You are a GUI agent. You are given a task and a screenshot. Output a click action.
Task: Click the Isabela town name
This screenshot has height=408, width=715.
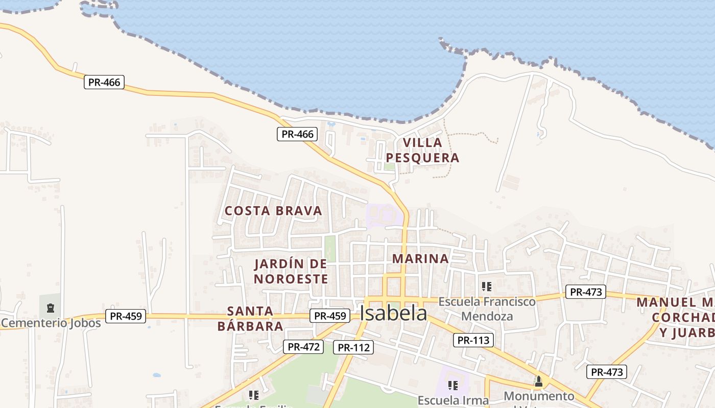click(393, 313)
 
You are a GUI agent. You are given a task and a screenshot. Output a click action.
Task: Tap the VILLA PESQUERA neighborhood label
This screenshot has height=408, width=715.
click(422, 150)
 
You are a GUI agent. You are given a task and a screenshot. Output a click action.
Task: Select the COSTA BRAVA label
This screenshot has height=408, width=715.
click(273, 211)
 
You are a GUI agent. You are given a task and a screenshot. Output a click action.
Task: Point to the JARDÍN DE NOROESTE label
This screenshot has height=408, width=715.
click(291, 271)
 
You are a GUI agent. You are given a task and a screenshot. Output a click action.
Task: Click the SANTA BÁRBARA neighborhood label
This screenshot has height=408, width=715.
click(250, 318)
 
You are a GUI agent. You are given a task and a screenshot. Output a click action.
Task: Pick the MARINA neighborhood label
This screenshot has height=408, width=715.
click(420, 259)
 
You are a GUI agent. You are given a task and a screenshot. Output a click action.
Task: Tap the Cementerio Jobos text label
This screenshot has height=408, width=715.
click(51, 323)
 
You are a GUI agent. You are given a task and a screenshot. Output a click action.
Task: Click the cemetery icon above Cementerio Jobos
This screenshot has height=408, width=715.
click(50, 308)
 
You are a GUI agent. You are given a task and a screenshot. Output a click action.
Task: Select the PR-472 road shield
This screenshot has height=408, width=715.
click(303, 347)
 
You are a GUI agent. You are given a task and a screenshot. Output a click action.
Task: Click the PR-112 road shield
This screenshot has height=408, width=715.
click(353, 347)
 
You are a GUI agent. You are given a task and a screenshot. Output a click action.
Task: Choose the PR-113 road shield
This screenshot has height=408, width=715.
click(473, 340)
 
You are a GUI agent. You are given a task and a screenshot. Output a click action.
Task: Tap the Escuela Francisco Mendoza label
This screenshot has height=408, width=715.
click(487, 309)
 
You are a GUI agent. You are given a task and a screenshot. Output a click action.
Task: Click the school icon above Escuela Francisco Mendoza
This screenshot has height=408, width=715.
click(487, 287)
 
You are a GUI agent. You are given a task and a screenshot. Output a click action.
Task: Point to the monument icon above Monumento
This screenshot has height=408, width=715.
click(538, 381)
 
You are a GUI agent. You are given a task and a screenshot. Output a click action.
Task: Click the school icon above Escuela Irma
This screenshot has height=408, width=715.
click(452, 385)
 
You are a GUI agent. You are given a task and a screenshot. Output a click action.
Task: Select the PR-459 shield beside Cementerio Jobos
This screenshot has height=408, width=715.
click(126, 316)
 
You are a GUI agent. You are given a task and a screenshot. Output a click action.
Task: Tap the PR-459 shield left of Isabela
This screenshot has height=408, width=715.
click(330, 316)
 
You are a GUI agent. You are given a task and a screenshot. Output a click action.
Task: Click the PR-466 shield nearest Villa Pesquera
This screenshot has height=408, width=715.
click(297, 134)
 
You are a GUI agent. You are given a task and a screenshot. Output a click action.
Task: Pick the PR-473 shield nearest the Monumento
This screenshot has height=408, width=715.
click(606, 372)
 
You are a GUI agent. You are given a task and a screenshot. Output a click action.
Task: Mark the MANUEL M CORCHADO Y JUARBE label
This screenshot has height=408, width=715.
click(679, 317)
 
